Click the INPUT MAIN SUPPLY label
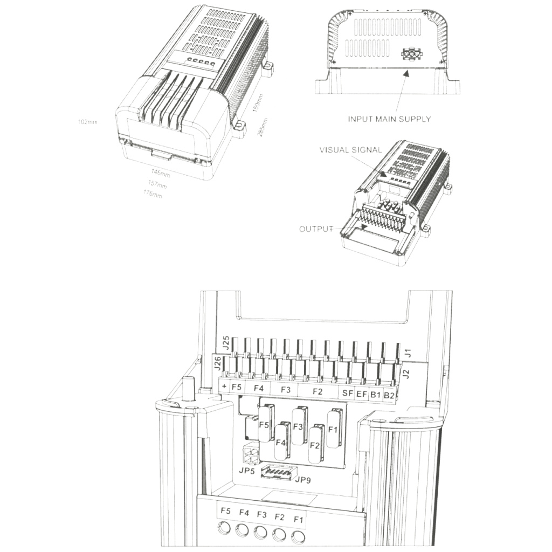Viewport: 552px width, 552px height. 389,119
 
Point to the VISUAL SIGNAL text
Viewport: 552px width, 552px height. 350,150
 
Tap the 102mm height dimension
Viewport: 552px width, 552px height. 87,122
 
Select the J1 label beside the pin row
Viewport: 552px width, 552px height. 408,353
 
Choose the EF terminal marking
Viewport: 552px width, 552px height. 362,394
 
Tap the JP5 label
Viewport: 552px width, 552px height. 247,471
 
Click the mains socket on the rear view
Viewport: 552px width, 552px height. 411,54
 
